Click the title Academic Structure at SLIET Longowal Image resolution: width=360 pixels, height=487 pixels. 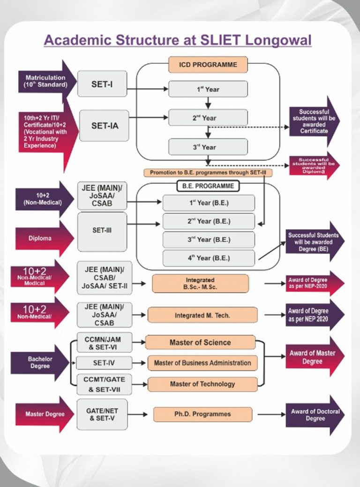pos(178,40)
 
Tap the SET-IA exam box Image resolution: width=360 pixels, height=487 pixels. pos(104,125)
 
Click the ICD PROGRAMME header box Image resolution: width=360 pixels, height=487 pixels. pos(209,64)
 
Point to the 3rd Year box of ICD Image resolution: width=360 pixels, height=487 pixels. pos(208,147)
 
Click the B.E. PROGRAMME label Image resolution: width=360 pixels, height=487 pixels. pos(208,186)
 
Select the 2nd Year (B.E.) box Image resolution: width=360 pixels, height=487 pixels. pos(209,221)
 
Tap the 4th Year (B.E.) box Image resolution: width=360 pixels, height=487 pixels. pos(209,257)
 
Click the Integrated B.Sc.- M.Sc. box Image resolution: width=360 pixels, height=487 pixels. pos(200,283)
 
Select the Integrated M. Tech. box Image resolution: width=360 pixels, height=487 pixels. pos(202,315)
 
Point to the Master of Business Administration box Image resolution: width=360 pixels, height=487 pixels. pos(202,363)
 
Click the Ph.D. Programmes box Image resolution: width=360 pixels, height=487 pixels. pos(202,414)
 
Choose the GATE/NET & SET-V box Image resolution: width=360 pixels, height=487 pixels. pos(102,414)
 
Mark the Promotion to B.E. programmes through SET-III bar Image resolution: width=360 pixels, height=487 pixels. pos(208,173)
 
